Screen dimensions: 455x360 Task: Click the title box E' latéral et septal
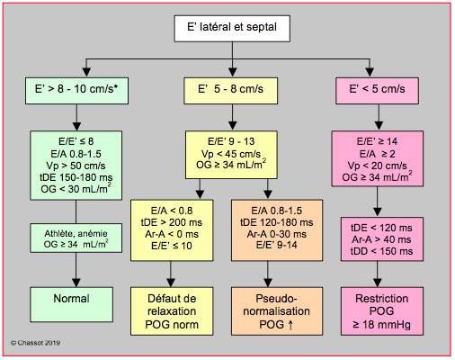[x=232, y=29]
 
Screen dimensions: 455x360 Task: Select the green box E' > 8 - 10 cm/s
[x=76, y=91]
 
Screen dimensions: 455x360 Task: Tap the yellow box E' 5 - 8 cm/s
[x=231, y=91]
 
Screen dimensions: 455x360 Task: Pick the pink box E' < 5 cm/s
[x=377, y=91]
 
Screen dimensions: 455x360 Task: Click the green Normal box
[x=72, y=304]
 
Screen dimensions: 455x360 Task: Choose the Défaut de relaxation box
[x=172, y=311]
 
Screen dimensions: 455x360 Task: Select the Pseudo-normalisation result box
[x=277, y=311]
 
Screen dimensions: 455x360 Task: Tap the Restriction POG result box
[x=382, y=311]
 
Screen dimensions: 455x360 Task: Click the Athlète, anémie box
[x=76, y=238]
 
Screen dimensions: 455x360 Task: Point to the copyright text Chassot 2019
[x=36, y=343]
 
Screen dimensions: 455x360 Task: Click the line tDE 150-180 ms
[x=76, y=177]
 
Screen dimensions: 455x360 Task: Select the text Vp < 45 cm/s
[x=231, y=154]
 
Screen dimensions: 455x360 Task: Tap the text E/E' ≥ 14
[x=377, y=141]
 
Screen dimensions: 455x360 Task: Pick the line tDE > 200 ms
[x=172, y=222]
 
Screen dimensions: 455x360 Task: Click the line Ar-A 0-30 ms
[x=277, y=234]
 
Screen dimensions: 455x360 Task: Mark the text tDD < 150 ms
[x=381, y=251]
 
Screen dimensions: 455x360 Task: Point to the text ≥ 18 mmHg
[x=381, y=325]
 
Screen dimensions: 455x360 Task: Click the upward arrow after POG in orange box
[x=290, y=325]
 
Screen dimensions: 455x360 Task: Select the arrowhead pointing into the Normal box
[x=76, y=283]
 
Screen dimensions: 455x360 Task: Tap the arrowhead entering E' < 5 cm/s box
[x=370, y=72]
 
